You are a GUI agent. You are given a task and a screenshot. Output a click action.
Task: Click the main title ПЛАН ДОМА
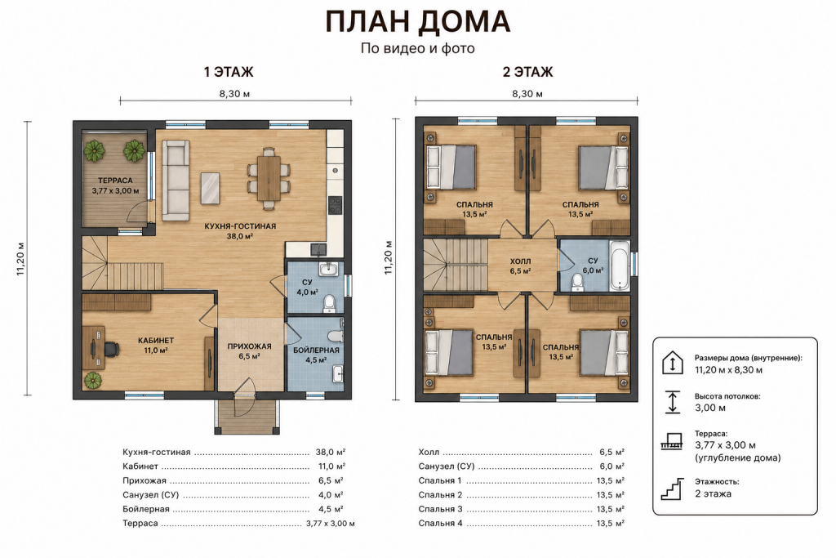pos(418,22)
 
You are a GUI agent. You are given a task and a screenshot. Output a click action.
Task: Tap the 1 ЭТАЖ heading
pos(229,71)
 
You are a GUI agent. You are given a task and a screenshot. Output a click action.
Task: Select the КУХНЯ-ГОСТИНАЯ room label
pos(241,226)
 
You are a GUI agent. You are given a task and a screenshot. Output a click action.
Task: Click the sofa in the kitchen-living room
pos(176,181)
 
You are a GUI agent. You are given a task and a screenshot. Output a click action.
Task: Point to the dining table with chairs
pos(269,177)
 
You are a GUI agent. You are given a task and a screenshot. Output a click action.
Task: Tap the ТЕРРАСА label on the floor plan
pos(115,181)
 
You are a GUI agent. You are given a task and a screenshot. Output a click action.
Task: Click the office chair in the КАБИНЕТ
pos(110,349)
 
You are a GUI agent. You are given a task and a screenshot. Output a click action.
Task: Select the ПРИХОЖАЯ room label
pos(250,346)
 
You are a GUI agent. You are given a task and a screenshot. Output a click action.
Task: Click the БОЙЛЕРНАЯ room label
pos(316,350)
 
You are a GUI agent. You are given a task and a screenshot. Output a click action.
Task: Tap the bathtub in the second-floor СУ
pos(620,266)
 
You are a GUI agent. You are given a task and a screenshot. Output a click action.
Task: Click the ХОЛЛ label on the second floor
pos(520,261)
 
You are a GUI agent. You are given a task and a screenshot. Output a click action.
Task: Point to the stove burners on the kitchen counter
pos(335,205)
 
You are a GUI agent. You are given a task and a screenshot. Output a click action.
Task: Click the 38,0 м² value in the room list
pos(331,452)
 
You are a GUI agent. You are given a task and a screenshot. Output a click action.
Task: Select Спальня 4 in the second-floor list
pos(440,524)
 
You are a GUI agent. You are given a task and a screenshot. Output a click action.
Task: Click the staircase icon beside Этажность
pos(673,489)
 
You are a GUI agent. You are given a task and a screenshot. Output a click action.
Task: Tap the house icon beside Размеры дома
pos(673,363)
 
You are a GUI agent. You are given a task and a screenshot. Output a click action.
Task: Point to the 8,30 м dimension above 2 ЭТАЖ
pos(527,94)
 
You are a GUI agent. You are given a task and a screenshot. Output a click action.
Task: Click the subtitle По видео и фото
pos(417,48)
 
